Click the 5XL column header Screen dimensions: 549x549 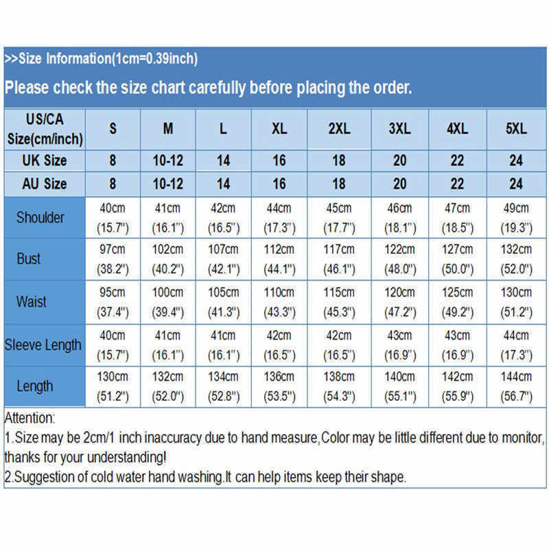pyautogui.click(x=516, y=128)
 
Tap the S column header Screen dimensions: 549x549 pyautogui.click(x=113, y=128)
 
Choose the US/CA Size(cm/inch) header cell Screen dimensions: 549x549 pyautogui.click(x=45, y=128)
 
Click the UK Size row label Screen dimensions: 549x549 pyautogui.click(x=45, y=161)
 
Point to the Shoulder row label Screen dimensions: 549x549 pyautogui.click(x=40, y=218)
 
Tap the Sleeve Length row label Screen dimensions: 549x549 pyautogui.click(x=43, y=344)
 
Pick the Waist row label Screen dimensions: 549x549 pyautogui.click(x=32, y=301)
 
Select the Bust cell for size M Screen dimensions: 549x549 pyautogui.click(x=168, y=259)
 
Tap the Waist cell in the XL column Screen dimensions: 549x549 pyautogui.click(x=279, y=301)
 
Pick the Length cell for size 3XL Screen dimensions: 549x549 pyautogui.click(x=399, y=386)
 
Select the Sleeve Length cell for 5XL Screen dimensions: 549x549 pyautogui.click(x=516, y=344)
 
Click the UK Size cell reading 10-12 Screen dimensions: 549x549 pyautogui.click(x=168, y=161)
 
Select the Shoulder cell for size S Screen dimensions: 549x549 pyautogui.click(x=113, y=218)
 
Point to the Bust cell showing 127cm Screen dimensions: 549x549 pyautogui.click(x=457, y=259)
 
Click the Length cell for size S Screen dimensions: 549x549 pyautogui.click(x=113, y=386)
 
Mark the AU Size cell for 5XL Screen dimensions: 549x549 pyautogui.click(x=516, y=184)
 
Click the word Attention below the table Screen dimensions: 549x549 pyautogui.click(x=30, y=418)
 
